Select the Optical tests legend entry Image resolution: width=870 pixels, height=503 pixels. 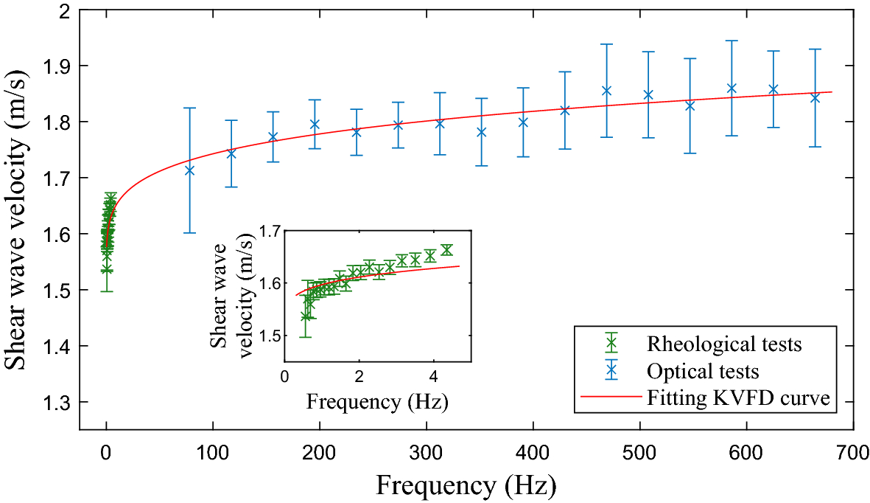[x=702, y=371]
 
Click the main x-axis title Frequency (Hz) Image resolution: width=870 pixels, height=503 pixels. [x=466, y=486]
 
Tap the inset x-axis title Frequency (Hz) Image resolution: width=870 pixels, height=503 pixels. [x=377, y=403]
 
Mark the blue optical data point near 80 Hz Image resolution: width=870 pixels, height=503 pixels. [x=189, y=170]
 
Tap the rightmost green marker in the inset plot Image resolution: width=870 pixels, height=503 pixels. [x=446, y=250]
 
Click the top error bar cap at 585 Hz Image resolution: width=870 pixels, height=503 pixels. [x=732, y=41]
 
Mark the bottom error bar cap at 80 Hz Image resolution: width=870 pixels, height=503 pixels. [x=189, y=233]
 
